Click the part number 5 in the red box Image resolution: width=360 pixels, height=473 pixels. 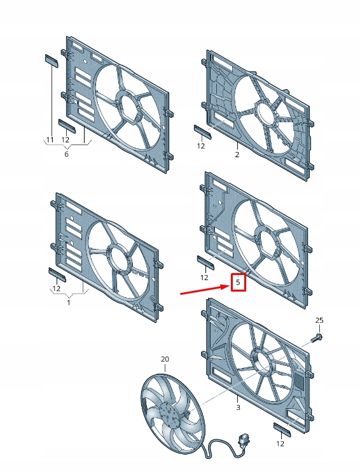click(x=238, y=281)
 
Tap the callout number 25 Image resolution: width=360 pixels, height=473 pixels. click(x=319, y=320)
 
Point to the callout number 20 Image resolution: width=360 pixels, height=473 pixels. click(x=165, y=360)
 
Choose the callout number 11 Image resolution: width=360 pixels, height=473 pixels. click(x=50, y=139)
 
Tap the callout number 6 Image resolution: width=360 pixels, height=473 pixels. click(x=66, y=153)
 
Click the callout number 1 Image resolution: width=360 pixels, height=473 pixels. click(x=69, y=302)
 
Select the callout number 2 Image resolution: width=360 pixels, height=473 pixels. click(x=237, y=154)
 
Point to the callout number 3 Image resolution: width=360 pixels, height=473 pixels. click(x=237, y=407)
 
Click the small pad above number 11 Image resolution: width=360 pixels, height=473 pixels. click(x=50, y=60)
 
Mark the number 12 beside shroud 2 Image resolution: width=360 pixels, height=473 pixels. click(x=202, y=146)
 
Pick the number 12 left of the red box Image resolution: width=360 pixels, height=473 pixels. click(x=204, y=278)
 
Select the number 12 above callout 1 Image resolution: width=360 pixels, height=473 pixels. click(x=57, y=288)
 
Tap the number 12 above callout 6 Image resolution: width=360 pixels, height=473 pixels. click(x=66, y=139)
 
